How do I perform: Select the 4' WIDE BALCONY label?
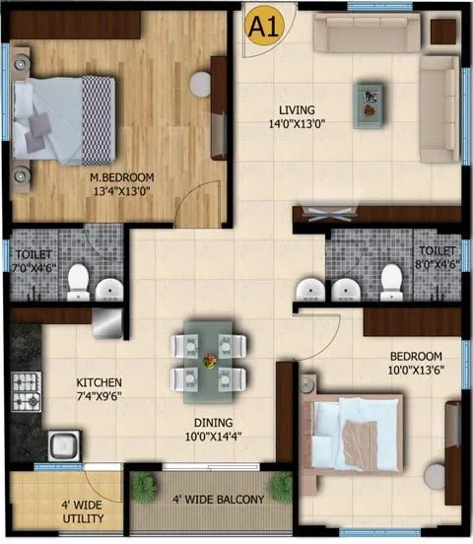(218, 500)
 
